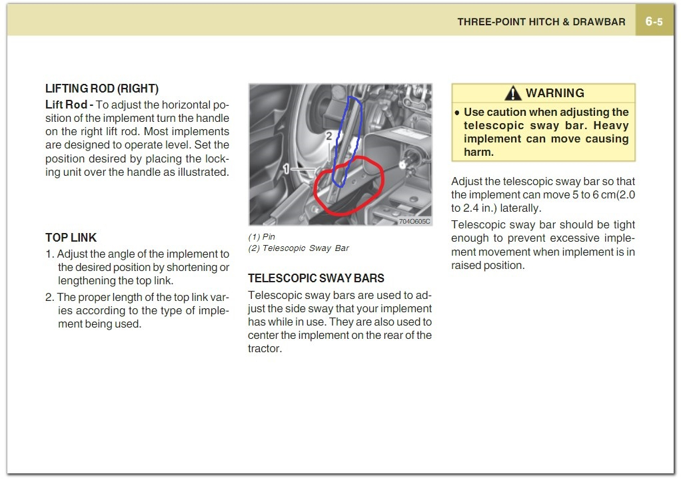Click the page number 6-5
point(654,21)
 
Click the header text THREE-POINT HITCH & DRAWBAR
point(541,21)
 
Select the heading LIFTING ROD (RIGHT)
point(101,89)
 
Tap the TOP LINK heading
point(71,238)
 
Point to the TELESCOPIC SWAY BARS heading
point(316,278)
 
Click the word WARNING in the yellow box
point(554,93)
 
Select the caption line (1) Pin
point(261,237)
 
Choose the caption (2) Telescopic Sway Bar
point(299,248)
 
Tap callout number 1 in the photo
point(286,169)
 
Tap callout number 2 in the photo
point(329,136)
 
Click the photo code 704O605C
point(414,221)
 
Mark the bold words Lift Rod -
point(69,105)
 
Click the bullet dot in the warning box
point(457,113)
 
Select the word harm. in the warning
point(478,152)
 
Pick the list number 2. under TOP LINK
point(50,298)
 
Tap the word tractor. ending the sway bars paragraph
point(265,348)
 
